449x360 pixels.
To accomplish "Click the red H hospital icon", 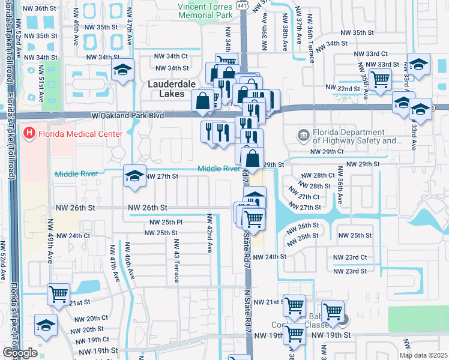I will [x=28, y=133].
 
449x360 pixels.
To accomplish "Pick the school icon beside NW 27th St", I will [x=134, y=175].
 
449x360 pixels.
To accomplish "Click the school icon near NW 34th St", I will [x=122, y=70].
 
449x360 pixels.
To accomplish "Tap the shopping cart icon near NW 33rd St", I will [x=381, y=78].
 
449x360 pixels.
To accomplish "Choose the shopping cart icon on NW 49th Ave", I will [x=58, y=293].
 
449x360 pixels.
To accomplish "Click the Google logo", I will [x=20, y=353].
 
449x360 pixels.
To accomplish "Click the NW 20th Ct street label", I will [x=89, y=319].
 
